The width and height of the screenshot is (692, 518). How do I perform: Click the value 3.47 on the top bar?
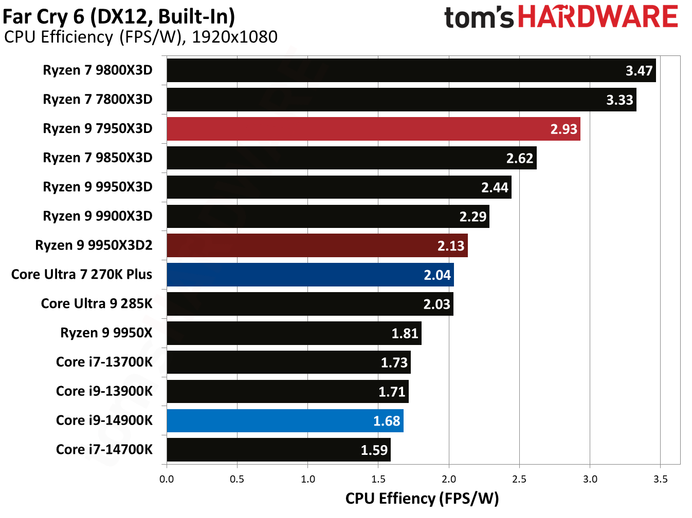point(639,71)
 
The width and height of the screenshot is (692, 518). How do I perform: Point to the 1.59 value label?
point(374,450)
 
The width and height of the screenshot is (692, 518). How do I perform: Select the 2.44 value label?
point(495,187)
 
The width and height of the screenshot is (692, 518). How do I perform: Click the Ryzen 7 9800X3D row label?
point(98,70)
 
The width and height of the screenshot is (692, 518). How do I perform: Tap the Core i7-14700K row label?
point(104,450)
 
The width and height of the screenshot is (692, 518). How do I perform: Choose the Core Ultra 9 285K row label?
point(97,304)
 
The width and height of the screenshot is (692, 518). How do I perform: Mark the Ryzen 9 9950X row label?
point(106,333)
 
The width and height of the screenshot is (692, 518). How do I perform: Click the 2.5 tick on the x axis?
point(519,479)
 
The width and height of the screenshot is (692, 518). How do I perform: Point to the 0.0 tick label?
point(167,479)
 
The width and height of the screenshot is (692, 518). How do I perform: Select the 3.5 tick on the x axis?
point(660,479)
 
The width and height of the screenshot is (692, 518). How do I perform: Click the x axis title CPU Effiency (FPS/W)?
point(422,498)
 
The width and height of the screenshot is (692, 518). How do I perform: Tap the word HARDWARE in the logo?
point(598,17)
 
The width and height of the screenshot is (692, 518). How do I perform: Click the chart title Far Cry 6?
point(119,16)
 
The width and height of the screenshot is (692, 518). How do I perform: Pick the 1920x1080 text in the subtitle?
point(234,37)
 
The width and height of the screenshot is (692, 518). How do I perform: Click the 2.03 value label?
point(436,304)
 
